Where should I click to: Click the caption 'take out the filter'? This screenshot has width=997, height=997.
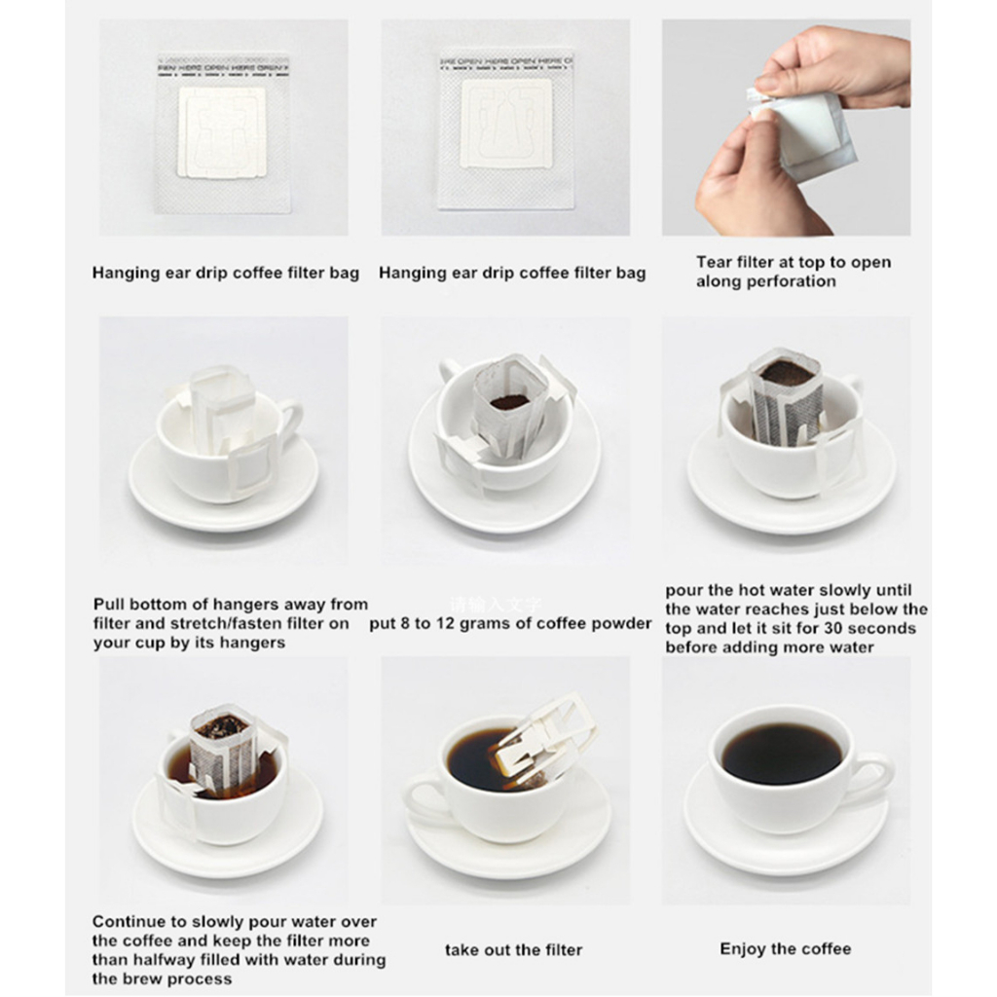(513, 949)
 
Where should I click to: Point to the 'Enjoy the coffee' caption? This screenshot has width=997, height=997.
(785, 948)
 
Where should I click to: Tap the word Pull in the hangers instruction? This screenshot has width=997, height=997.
(109, 605)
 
